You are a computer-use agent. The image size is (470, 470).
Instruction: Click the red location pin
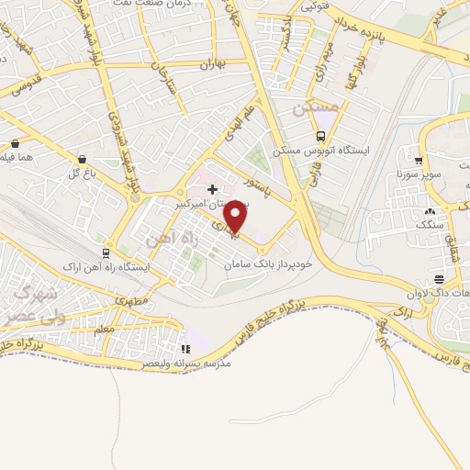tap(236, 217)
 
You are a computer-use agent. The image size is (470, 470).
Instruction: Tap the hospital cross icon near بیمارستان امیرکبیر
tap(213, 188)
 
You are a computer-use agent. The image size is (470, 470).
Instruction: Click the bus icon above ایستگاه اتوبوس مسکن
tap(319, 137)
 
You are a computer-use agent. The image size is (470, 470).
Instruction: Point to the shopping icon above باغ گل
tap(82, 158)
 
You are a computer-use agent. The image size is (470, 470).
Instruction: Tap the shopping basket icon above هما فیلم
tap(16, 143)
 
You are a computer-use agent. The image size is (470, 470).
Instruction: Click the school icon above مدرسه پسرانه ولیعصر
tap(186, 349)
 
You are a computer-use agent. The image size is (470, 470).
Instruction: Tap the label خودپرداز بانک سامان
tap(271, 263)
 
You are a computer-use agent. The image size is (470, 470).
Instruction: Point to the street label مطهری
tap(132, 298)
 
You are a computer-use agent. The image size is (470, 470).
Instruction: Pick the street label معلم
tap(105, 326)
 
